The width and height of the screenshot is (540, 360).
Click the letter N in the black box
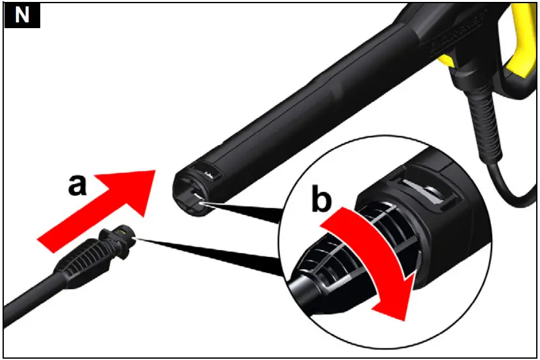tap(22, 15)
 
